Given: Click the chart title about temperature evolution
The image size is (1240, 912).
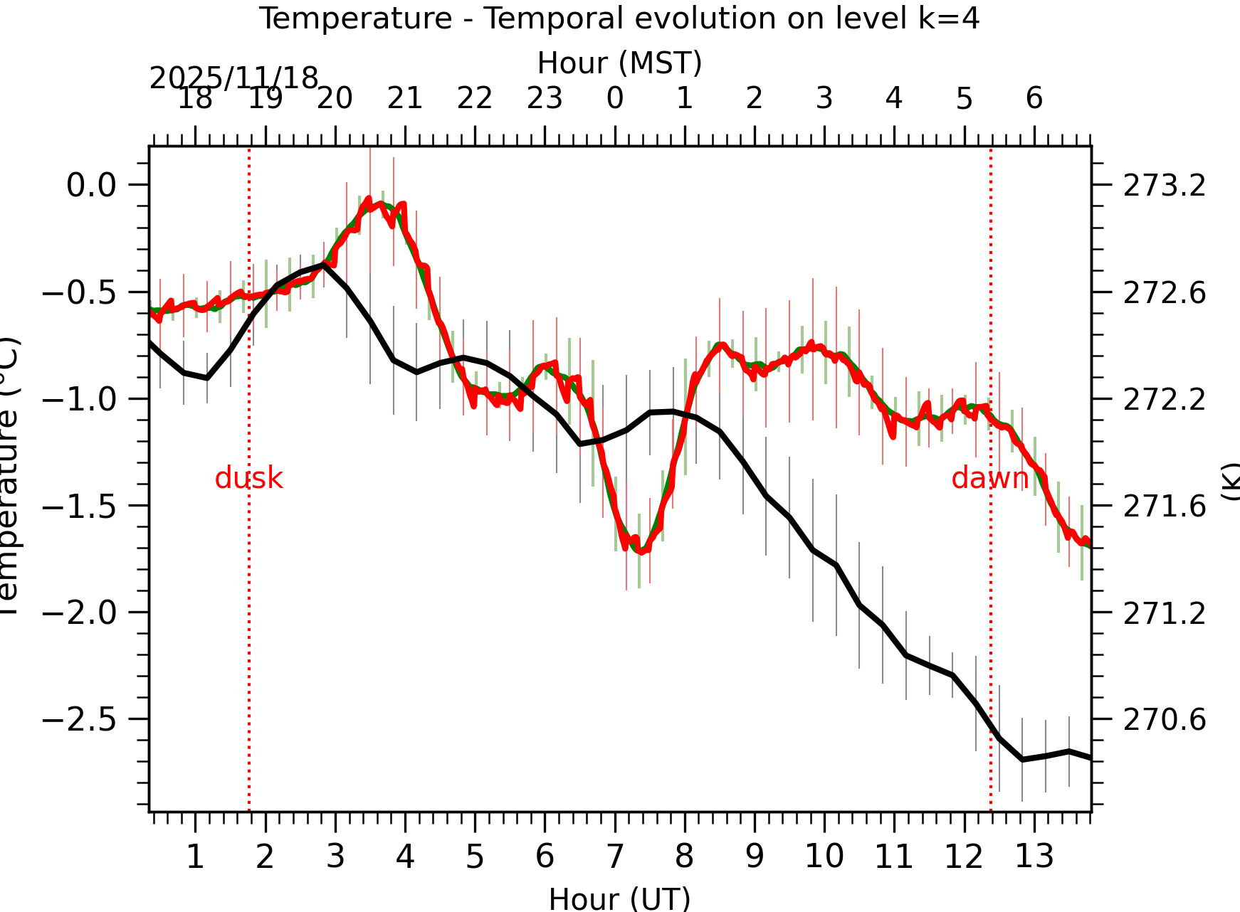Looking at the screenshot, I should point(619,18).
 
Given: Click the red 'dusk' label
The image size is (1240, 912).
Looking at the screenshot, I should point(248,479).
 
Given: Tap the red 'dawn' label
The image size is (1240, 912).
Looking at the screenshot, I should point(989,479).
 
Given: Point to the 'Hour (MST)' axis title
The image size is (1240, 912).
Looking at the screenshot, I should point(619,63).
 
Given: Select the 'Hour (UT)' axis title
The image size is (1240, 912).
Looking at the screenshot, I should point(619,898).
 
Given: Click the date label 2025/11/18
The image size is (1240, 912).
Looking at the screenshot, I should point(233,78).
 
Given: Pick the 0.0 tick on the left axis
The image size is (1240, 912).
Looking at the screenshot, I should point(91,186).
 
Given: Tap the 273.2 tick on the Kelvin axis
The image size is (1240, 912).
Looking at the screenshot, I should point(1165,186).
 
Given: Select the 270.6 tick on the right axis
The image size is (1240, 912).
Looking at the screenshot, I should point(1165,720).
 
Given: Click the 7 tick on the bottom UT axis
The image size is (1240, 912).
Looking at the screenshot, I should point(614,857).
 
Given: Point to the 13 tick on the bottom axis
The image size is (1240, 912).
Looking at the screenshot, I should point(1034,857).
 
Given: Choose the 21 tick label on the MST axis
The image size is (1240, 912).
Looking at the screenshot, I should point(405,98).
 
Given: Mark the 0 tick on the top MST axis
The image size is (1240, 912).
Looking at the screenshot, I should point(615,98).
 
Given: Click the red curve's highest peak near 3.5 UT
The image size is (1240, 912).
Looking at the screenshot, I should point(369,199).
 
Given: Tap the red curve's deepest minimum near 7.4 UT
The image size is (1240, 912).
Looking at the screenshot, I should point(641,551).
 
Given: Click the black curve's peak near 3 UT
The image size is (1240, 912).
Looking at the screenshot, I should point(324,265).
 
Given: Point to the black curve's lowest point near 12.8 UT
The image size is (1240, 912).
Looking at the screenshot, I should point(1022,760).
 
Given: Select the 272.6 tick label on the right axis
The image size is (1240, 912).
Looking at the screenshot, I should point(1165,292).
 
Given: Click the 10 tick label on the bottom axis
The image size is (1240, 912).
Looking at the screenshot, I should point(824,857).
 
